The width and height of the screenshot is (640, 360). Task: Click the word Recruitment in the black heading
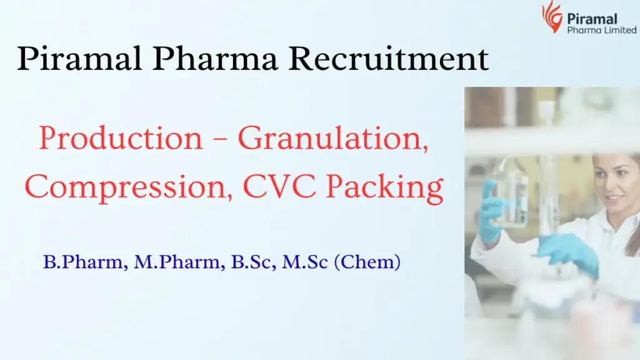pos(389,59)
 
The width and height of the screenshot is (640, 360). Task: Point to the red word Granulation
pos(333,139)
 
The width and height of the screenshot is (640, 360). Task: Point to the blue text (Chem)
pos(367,262)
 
